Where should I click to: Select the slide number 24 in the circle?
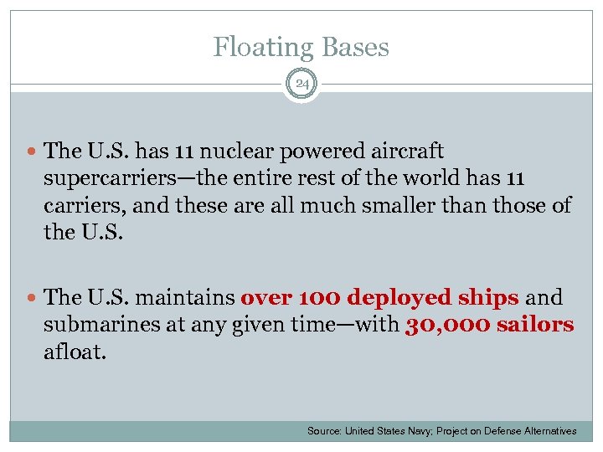[x=301, y=85]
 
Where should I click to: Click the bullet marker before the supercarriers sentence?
[x=32, y=152]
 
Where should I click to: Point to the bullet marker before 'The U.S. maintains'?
[x=32, y=298]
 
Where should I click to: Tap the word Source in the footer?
[x=323, y=431]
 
